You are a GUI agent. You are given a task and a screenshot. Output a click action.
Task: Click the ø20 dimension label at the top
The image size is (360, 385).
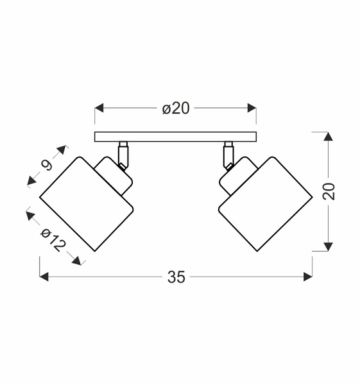pyautogui.click(x=176, y=108)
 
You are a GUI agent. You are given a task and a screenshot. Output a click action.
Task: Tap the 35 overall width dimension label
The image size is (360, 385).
pyautogui.click(x=176, y=277)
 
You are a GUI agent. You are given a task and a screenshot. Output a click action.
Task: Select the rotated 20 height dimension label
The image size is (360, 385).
pyautogui.click(x=329, y=192)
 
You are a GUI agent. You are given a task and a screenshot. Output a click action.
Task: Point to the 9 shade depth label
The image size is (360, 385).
pyautogui.click(x=46, y=166)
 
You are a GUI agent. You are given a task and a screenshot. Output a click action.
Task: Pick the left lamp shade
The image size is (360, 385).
pyautogui.click(x=85, y=203)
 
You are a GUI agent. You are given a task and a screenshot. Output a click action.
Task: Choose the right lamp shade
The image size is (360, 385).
pyautogui.click(x=264, y=203)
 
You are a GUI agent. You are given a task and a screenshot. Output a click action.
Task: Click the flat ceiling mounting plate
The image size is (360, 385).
pyautogui.click(x=175, y=137)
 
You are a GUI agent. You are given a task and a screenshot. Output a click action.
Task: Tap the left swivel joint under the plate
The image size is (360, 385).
pyautogui.click(x=123, y=154)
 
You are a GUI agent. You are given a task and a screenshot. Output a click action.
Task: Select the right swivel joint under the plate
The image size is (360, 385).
pyautogui.click(x=228, y=154)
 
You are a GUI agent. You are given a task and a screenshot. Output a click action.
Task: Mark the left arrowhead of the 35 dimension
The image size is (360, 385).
pyautogui.click(x=44, y=277)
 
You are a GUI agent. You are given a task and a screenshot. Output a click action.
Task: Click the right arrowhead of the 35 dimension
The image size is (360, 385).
pyautogui.click(x=308, y=277)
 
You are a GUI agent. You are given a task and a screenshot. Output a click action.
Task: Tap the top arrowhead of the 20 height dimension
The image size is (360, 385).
pyautogui.click(x=328, y=137)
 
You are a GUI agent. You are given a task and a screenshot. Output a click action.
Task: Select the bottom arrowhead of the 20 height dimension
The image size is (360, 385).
pyautogui.click(x=328, y=246)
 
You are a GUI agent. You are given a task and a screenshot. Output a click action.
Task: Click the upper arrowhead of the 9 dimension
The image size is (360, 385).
pyautogui.click(x=62, y=150)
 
